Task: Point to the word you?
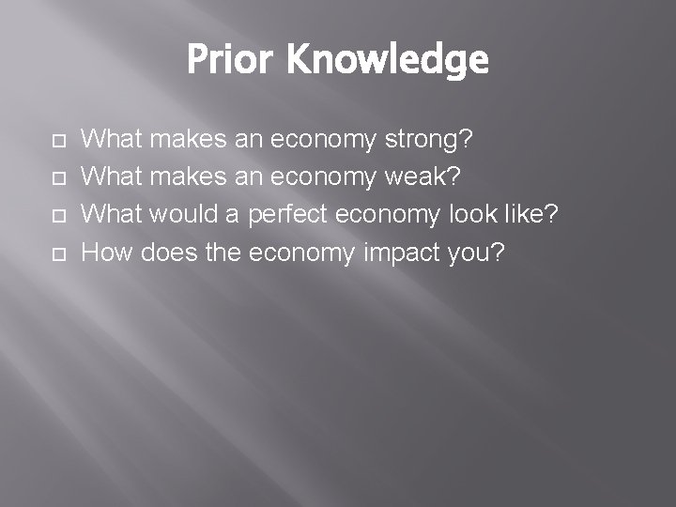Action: coord(480,253)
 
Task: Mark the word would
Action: coord(186,216)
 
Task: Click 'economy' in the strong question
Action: coord(323,141)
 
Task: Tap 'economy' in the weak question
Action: coord(323,178)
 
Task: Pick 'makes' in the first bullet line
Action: coord(186,141)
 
